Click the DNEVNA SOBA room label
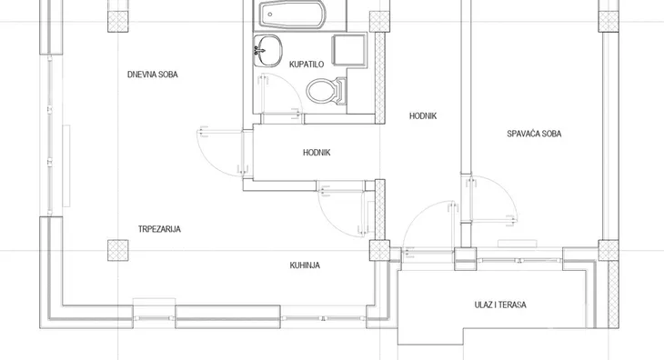(x=153, y=75)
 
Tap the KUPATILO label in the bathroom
(x=307, y=65)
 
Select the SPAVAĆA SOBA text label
(x=534, y=134)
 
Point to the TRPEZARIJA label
(x=159, y=229)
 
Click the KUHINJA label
(x=305, y=265)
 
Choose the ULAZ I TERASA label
(x=500, y=305)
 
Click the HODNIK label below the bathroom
(x=317, y=153)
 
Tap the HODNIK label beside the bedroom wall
(x=423, y=116)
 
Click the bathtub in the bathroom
(x=293, y=15)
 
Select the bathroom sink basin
(x=267, y=50)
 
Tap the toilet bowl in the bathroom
(x=327, y=91)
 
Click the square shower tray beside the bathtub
(x=349, y=50)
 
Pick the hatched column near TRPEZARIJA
(x=117, y=250)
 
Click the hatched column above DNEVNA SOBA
(x=117, y=21)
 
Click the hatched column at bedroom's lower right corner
(x=609, y=250)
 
